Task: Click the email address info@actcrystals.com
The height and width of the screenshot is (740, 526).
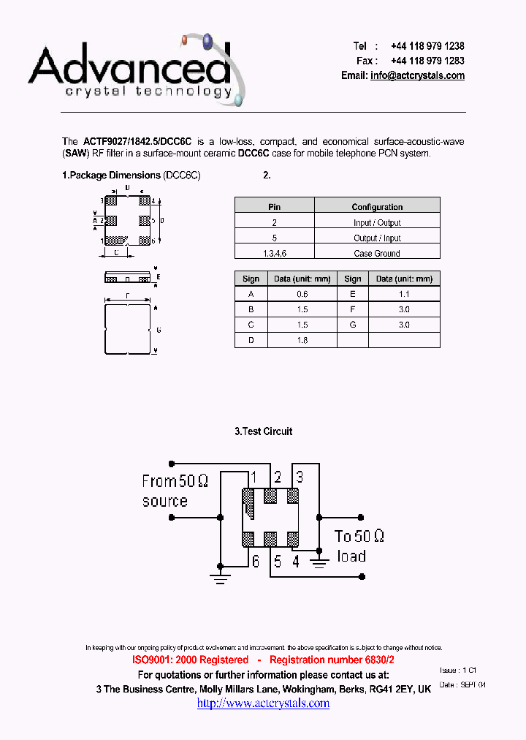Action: pos(417,75)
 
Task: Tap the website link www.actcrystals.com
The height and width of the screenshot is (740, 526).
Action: pos(263,703)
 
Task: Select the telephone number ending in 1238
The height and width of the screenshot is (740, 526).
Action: pos(427,46)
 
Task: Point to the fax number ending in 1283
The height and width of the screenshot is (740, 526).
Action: pos(427,61)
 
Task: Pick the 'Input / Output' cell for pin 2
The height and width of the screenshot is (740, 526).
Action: pos(377,222)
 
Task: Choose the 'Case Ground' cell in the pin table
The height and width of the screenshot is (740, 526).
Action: pos(377,253)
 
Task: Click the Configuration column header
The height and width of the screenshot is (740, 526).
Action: pos(377,207)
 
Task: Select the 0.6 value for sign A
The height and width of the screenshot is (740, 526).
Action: pos(302,294)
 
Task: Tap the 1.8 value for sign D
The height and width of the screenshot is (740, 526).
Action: pos(302,340)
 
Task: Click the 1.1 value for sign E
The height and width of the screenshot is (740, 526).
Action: pos(404,294)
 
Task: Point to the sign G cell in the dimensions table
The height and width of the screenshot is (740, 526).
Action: pos(353,325)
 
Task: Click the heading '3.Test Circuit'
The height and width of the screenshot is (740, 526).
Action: pos(263,431)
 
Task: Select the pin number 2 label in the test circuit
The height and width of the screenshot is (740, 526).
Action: pos(278,477)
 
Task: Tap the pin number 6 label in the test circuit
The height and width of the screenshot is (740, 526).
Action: pos(255,562)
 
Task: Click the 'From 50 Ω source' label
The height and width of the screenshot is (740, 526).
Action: pos(175,491)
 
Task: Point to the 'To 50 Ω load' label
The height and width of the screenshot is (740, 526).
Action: pos(359,545)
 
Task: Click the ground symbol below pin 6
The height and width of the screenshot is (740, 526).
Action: pos(221,577)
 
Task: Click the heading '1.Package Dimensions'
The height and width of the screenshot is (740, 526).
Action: pos(111,175)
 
